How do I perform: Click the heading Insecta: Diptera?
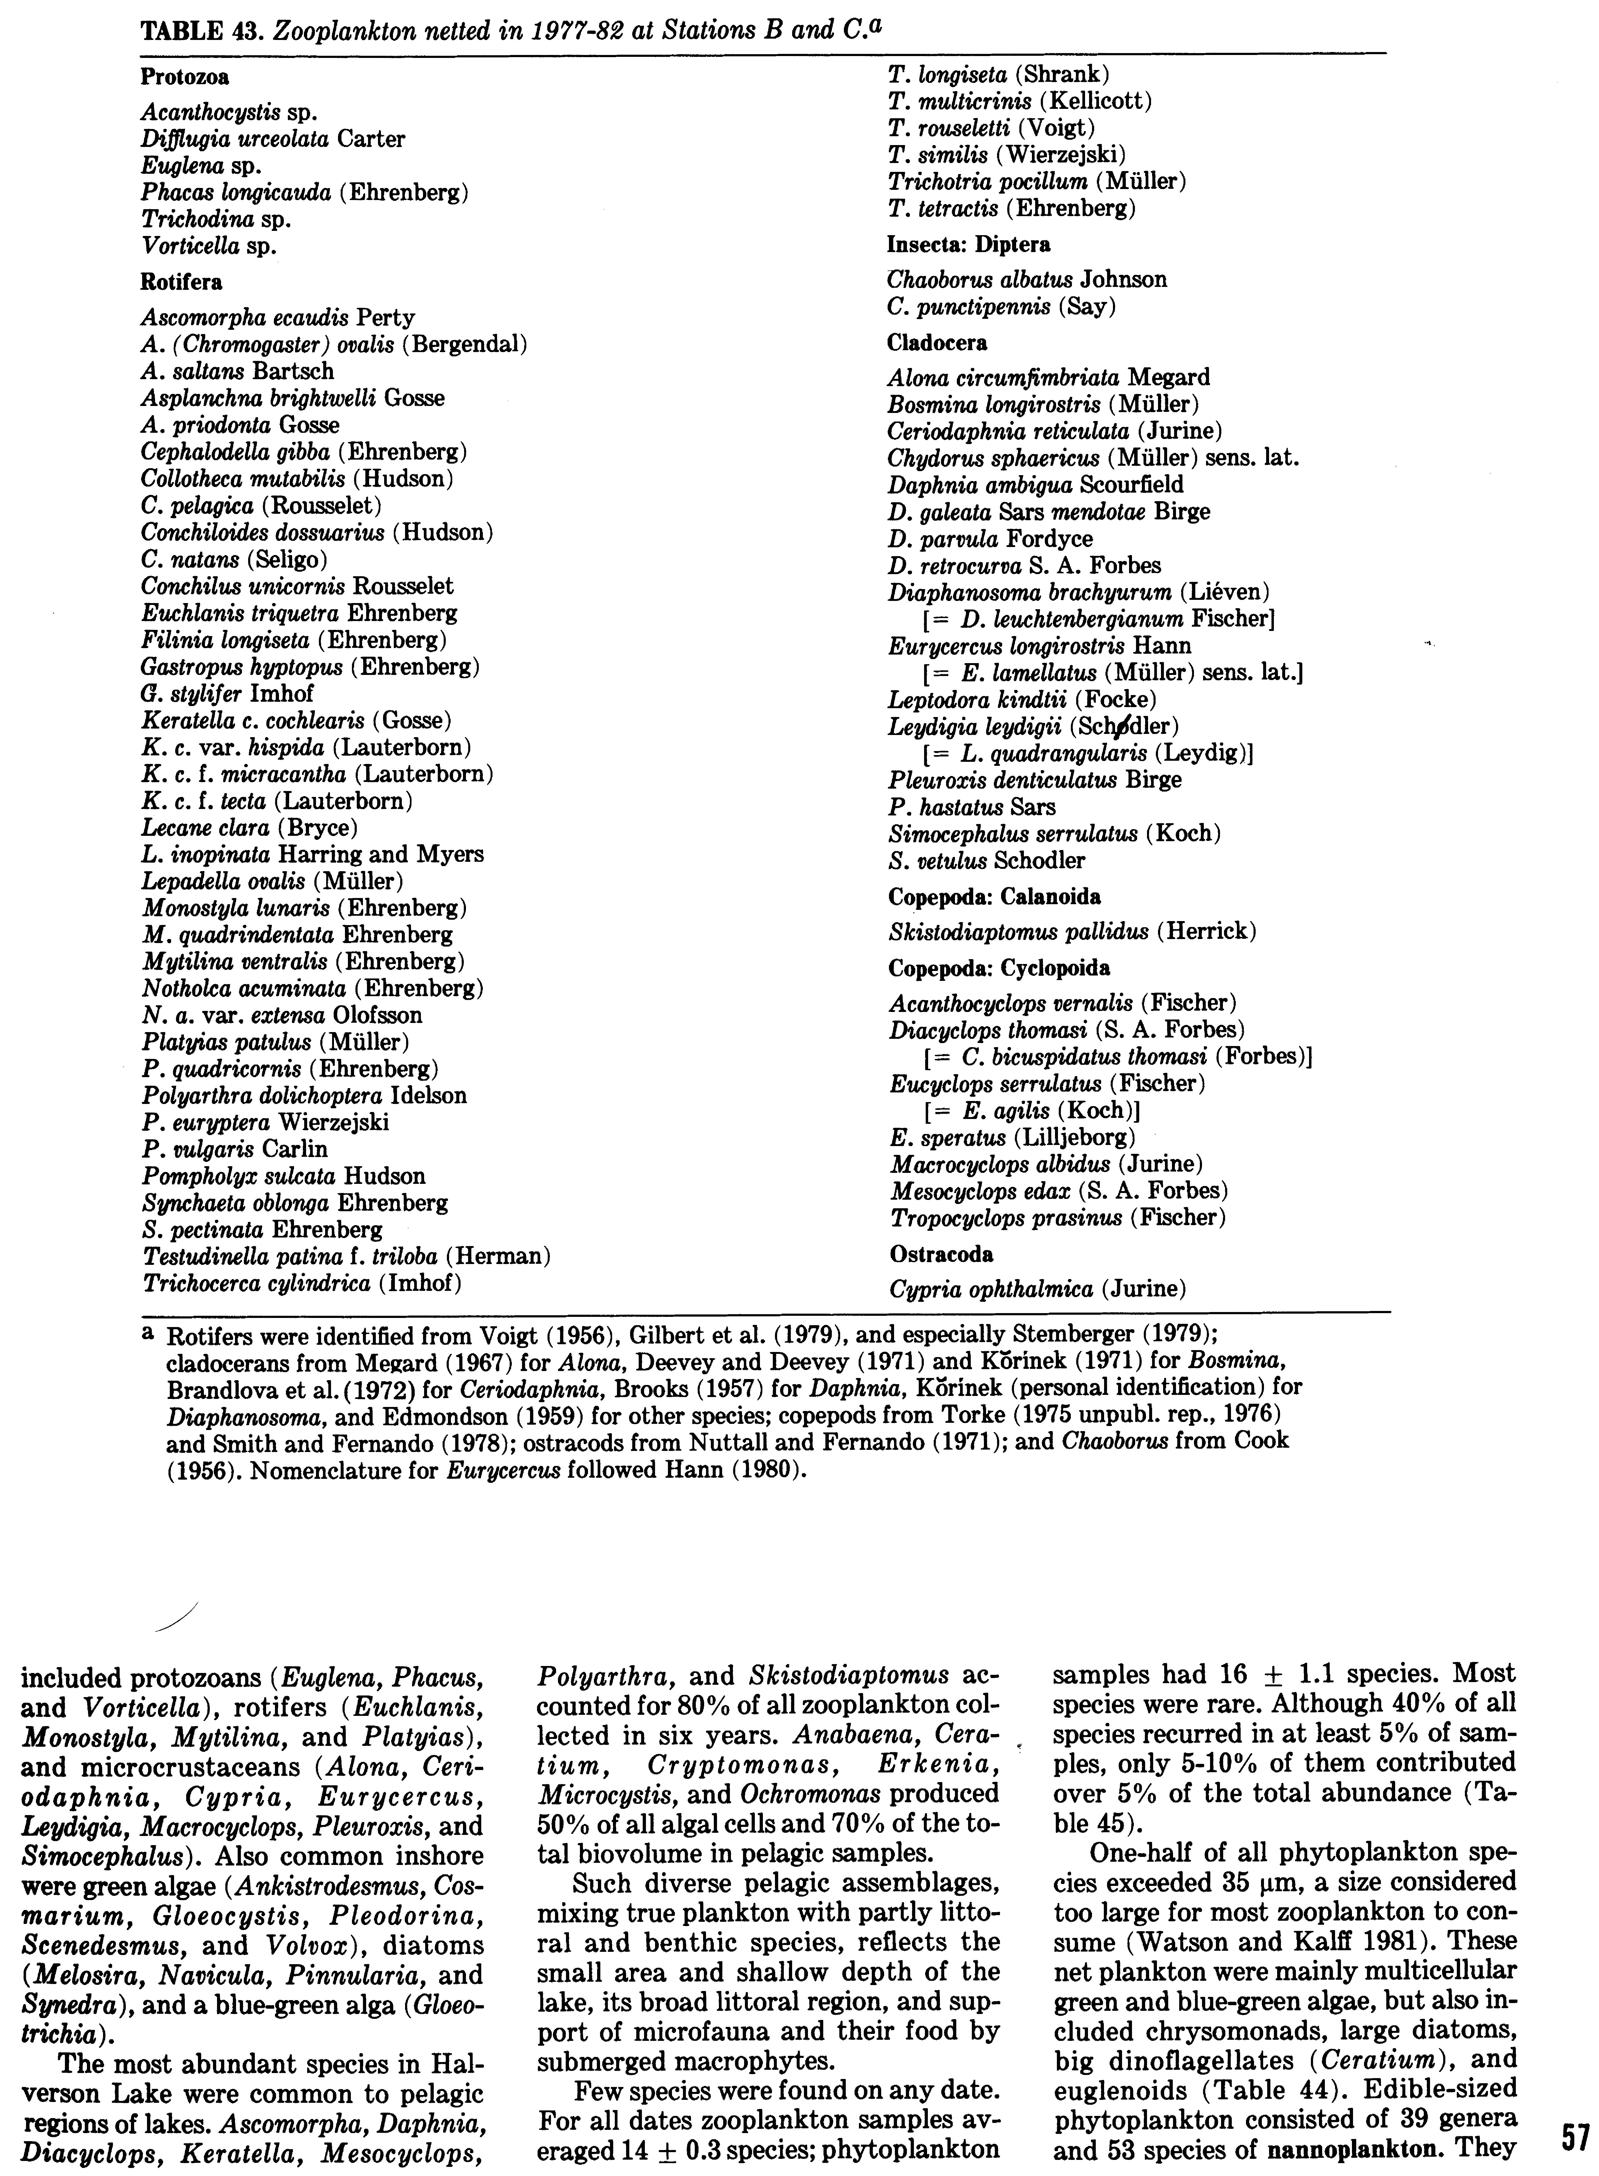pos(969,244)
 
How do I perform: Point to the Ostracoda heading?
pos(941,1254)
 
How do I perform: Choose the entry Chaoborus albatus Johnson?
pos(1027,280)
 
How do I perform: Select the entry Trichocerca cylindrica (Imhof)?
pos(301,1284)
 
